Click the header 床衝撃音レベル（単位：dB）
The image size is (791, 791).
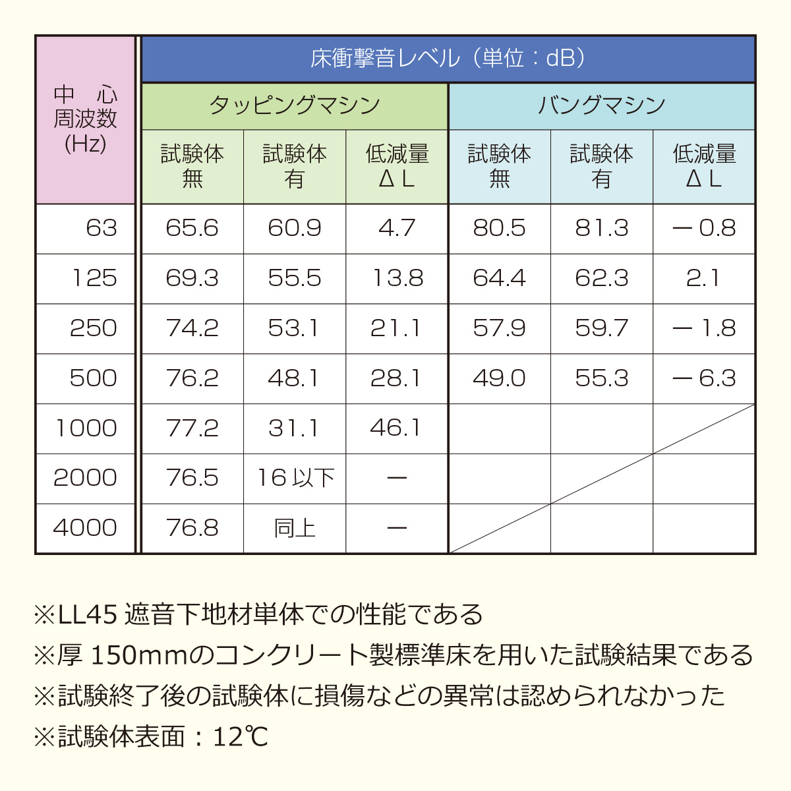click(x=448, y=59)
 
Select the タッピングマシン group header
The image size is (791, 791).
click(x=295, y=106)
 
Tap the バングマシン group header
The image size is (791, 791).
click(x=601, y=106)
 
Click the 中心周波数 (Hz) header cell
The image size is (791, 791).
click(x=86, y=119)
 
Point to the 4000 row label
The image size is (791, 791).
click(x=85, y=528)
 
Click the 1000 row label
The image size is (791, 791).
click(x=86, y=428)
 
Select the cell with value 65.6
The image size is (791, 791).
click(x=192, y=229)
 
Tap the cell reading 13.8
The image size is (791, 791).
click(x=397, y=278)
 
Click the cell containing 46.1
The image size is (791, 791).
click(x=395, y=428)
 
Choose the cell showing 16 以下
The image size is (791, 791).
click(x=295, y=478)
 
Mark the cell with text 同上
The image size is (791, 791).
click(x=295, y=528)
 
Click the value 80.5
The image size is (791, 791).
click(x=499, y=229)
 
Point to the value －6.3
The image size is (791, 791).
click(x=703, y=378)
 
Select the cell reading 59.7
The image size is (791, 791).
click(x=601, y=328)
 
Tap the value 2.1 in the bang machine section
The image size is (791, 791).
click(x=703, y=278)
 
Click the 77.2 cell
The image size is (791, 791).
click(x=192, y=428)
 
